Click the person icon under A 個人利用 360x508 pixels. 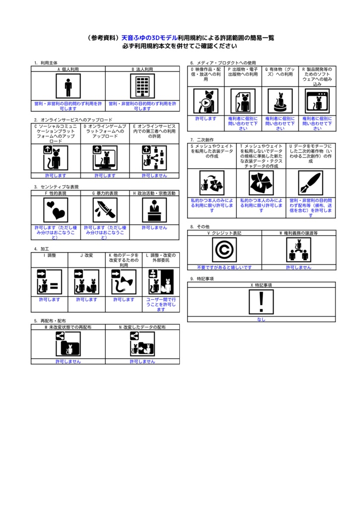68,86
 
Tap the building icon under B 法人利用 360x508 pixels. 143,86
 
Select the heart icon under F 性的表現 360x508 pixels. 55,210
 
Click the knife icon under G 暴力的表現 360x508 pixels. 105,210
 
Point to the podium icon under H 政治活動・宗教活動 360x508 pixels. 154,210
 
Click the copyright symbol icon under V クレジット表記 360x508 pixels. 224,250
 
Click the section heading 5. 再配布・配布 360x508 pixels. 50,321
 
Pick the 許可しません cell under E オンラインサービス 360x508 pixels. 154,175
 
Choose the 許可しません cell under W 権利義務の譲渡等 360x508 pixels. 298,267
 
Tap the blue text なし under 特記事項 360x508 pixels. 261,319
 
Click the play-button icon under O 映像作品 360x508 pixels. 206,101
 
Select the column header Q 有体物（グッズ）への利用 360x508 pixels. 280,72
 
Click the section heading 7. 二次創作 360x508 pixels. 202,140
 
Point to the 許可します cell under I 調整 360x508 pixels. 50,300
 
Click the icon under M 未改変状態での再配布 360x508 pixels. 68,344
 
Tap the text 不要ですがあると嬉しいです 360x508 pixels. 224,267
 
